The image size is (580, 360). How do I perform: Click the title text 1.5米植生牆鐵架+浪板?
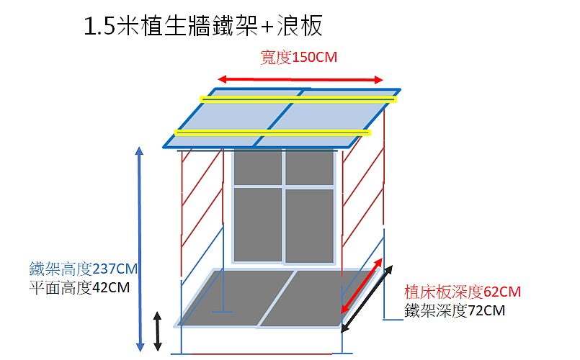coord(203,25)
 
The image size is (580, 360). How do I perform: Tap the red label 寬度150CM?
coord(298,58)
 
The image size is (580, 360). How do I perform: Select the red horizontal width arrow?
coord(300,79)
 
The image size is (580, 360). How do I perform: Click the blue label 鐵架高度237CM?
coord(84,269)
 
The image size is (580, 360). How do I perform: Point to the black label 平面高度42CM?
coord(79,287)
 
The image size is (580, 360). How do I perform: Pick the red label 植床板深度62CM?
coord(463,292)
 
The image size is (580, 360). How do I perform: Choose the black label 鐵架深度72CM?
coord(455,310)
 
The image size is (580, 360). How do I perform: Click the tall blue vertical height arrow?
coord(140,249)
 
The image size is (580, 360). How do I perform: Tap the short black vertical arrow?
coord(158,331)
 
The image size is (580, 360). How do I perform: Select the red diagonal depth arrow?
coord(362,286)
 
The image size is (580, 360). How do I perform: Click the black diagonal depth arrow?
coord(367,299)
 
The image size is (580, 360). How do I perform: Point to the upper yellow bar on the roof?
coord(298,99)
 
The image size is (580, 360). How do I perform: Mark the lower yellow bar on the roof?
coord(272,132)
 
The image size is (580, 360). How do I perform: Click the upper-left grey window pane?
coord(258,167)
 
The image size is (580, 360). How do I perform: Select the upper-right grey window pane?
coord(310,167)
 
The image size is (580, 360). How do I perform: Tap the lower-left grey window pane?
coord(258,225)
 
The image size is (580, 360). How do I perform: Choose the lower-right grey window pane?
coord(310,226)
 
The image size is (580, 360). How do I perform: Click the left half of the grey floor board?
coord(236,298)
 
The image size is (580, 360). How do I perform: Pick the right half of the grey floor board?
coord(318,299)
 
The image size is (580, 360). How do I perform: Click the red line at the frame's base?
coord(262,354)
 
